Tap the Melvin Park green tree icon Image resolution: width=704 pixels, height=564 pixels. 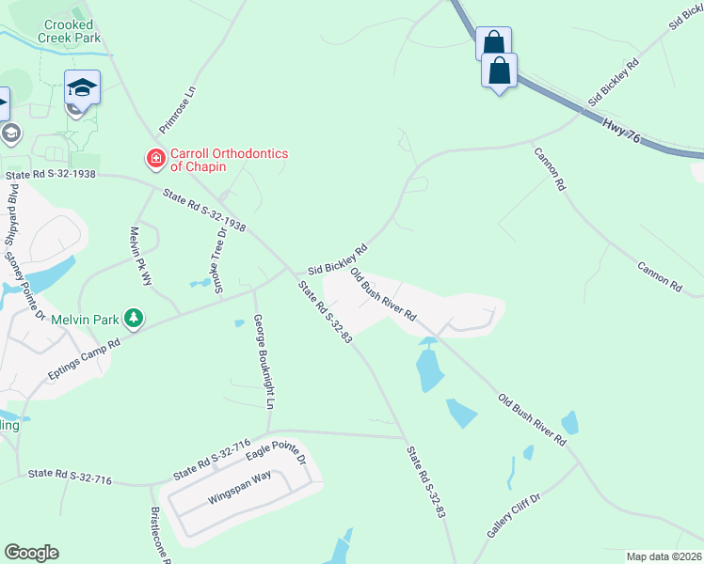[136, 320]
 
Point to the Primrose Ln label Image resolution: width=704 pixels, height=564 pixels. [178, 110]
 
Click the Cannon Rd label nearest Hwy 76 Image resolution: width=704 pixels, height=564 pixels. [550, 169]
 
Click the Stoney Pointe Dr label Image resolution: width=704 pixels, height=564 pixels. [24, 283]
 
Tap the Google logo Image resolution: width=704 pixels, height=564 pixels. [31, 553]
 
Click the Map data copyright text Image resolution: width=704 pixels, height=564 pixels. [664, 556]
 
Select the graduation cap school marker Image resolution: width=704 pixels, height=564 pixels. [83, 88]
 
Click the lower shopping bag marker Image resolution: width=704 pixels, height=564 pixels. [500, 70]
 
